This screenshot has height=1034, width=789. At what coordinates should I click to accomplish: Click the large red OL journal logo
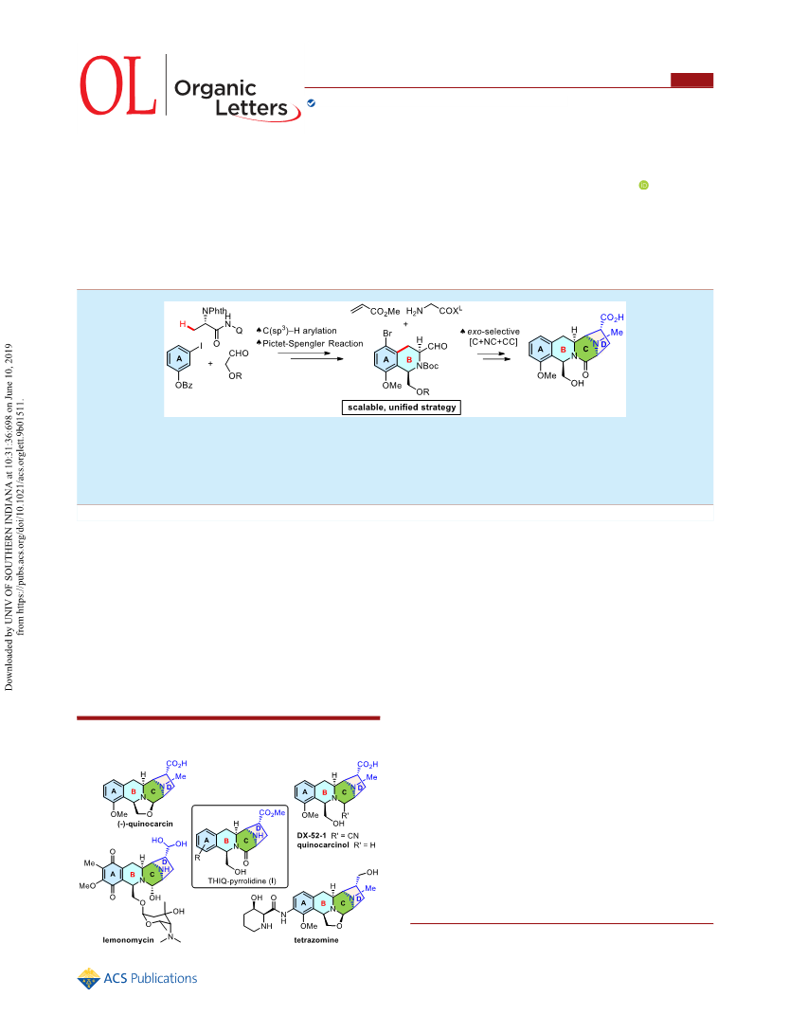[x=118, y=85]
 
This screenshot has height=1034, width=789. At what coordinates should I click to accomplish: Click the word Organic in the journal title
[x=215, y=88]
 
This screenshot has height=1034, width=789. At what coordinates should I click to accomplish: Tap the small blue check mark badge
[x=311, y=103]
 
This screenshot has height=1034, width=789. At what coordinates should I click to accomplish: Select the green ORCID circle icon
[x=644, y=186]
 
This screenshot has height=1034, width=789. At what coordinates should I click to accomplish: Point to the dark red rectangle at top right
[x=691, y=80]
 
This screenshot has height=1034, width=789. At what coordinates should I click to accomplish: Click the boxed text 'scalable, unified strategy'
[x=403, y=408]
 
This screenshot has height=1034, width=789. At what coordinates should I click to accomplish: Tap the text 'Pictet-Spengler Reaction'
[x=314, y=344]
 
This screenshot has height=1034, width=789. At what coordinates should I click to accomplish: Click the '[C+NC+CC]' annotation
[x=493, y=341]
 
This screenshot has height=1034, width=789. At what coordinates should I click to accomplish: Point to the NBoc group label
[x=427, y=366]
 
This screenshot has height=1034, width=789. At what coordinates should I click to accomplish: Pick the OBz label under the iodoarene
[x=184, y=385]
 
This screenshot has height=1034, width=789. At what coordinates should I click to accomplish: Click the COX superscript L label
[x=451, y=311]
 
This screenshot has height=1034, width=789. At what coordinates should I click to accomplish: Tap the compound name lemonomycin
[x=128, y=940]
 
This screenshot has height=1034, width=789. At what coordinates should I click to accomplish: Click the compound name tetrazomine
[x=316, y=940]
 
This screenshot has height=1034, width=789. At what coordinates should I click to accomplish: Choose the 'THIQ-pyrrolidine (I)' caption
[x=242, y=881]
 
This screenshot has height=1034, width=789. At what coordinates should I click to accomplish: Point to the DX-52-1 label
[x=312, y=836]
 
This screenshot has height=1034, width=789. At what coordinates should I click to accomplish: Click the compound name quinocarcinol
[x=323, y=844]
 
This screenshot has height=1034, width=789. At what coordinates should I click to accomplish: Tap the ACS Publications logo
[x=137, y=979]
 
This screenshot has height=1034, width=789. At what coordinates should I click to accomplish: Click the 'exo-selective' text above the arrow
[x=493, y=332]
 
